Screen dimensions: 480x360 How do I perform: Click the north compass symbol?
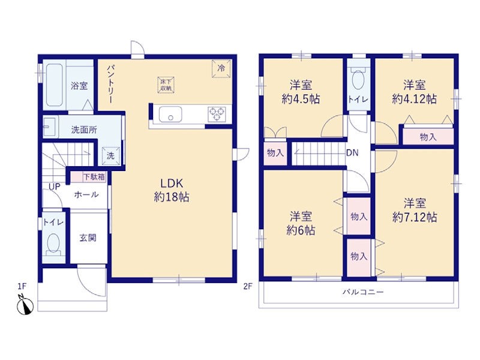[x=26, y=305]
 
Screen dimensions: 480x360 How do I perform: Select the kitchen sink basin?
[x=170, y=114]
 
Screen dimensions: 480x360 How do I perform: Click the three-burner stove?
[x=217, y=114]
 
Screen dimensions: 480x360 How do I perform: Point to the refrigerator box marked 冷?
[x=221, y=68]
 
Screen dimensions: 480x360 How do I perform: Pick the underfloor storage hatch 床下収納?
[x=166, y=85]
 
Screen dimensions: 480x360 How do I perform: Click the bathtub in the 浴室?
[x=55, y=85]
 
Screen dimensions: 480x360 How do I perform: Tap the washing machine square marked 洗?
[x=110, y=155]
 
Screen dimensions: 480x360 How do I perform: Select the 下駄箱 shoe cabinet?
[x=88, y=177]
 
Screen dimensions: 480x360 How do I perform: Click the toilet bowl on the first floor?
[x=53, y=244]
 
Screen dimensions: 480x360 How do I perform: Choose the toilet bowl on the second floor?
[x=358, y=79]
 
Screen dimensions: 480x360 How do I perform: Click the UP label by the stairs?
[x=55, y=187]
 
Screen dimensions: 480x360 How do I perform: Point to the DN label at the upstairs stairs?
[x=352, y=153]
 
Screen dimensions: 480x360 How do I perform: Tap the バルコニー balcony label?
[x=363, y=292]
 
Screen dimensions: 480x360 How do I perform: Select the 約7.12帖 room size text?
[x=415, y=217]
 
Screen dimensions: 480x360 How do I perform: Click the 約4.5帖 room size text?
[x=301, y=99]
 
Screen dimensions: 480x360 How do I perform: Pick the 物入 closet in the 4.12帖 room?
[x=428, y=137]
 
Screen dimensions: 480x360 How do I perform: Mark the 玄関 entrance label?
[x=88, y=238]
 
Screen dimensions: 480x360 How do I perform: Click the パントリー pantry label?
[x=110, y=84]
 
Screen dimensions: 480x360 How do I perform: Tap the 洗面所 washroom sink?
[x=50, y=127]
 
